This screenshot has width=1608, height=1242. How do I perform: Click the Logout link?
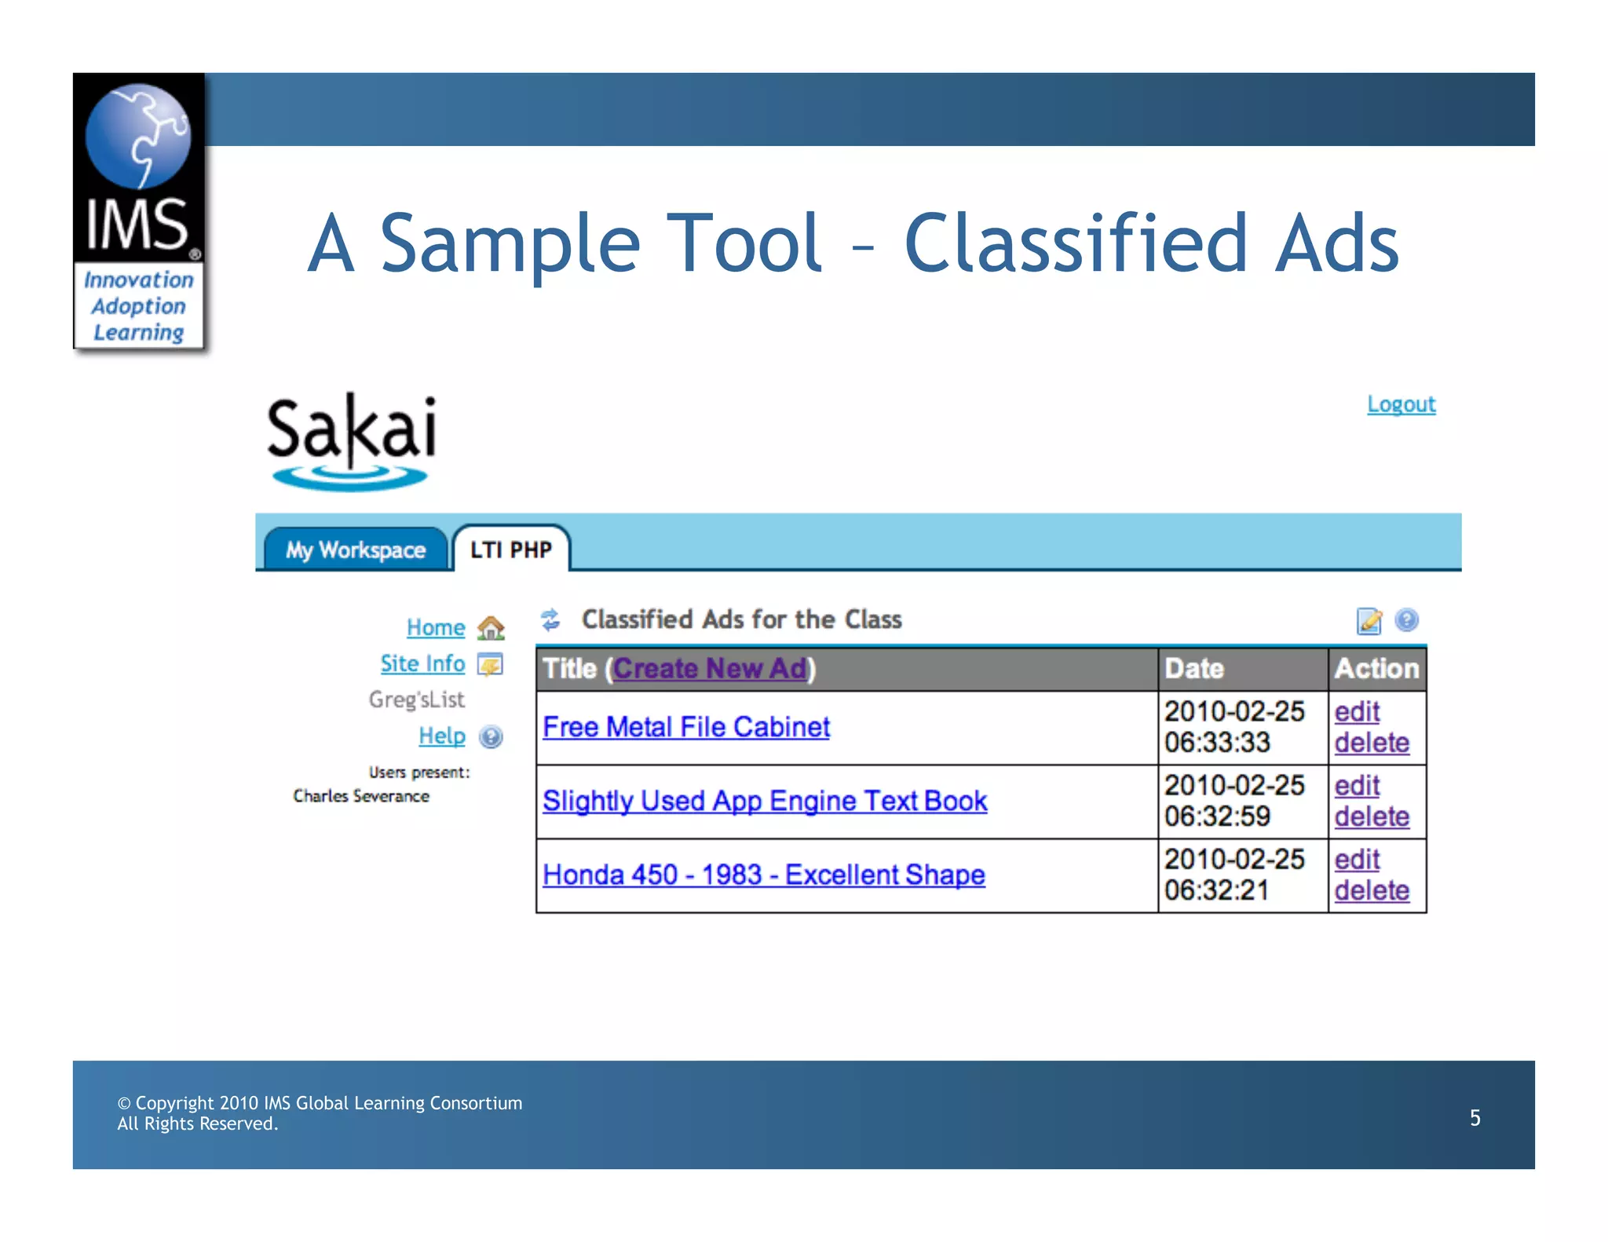pyautogui.click(x=1401, y=404)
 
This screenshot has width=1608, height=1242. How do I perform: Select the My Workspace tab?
pyautogui.click(x=355, y=550)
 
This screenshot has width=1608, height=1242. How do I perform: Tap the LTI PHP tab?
pyautogui.click(x=511, y=550)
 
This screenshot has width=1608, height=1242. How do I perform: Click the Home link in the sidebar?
pyautogui.click(x=436, y=627)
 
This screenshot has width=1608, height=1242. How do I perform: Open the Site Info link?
pyautogui.click(x=422, y=663)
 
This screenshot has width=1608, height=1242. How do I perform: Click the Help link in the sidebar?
pyautogui.click(x=442, y=736)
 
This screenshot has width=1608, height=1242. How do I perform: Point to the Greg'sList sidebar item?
pyautogui.click(x=417, y=700)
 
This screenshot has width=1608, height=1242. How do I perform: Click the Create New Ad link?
pyautogui.click(x=710, y=668)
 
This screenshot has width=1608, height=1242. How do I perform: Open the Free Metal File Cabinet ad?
pyautogui.click(x=686, y=727)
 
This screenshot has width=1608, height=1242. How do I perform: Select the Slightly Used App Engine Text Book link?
pyautogui.click(x=765, y=801)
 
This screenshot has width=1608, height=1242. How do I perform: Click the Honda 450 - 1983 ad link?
pyautogui.click(x=764, y=875)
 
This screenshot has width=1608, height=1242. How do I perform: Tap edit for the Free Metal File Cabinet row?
pyautogui.click(x=1357, y=712)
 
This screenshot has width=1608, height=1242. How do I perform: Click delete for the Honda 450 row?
pyautogui.click(x=1372, y=890)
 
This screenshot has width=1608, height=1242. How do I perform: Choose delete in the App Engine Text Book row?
pyautogui.click(x=1372, y=816)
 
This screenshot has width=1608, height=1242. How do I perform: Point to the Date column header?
pyautogui.click(x=1194, y=668)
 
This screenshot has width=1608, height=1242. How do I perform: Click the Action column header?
pyautogui.click(x=1376, y=668)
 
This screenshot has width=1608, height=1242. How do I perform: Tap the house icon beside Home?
pyautogui.click(x=492, y=628)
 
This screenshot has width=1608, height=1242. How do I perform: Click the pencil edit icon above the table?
pyautogui.click(x=1369, y=620)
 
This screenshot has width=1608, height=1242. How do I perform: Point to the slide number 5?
pyautogui.click(x=1475, y=1117)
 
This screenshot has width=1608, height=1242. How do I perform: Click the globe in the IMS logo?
pyautogui.click(x=138, y=136)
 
